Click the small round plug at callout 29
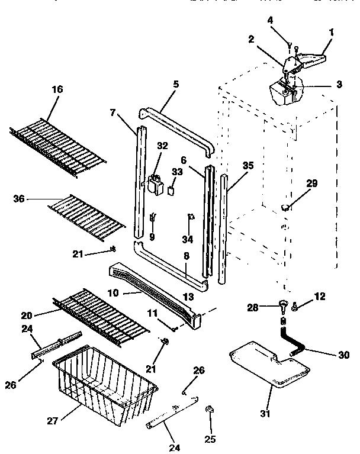click(287, 207)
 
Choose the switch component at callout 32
click(158, 185)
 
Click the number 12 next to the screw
click(320, 296)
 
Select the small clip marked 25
click(209, 410)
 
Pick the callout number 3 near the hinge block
click(339, 84)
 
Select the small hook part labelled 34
click(191, 218)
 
